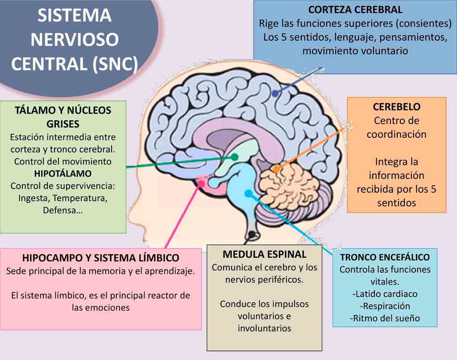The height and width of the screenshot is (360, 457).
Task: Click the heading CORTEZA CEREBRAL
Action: [355, 9]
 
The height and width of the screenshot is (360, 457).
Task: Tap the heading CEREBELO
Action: [396, 107]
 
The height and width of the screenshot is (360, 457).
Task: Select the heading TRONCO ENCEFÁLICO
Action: [385, 257]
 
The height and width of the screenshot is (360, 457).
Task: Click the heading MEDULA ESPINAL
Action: [264, 254]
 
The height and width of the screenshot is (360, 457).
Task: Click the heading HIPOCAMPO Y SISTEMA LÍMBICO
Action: [100, 258]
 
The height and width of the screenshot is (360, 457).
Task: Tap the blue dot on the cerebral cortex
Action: [275, 93]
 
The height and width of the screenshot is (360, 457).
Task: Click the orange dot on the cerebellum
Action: [277, 169]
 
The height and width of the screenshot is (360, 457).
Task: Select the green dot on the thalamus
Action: [234, 157]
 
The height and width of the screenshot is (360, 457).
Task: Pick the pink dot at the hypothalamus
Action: [202, 183]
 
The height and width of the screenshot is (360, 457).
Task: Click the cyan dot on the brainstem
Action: [248, 193]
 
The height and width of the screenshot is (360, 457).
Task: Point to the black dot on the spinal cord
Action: [252, 234]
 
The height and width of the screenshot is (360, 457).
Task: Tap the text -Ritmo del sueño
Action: [385, 319]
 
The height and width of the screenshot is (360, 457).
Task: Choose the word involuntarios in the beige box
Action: [264, 328]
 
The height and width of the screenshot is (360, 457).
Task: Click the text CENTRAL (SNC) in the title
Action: [74, 64]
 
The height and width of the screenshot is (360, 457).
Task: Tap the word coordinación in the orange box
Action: [396, 134]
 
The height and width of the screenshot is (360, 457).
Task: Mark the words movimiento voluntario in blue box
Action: [355, 50]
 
